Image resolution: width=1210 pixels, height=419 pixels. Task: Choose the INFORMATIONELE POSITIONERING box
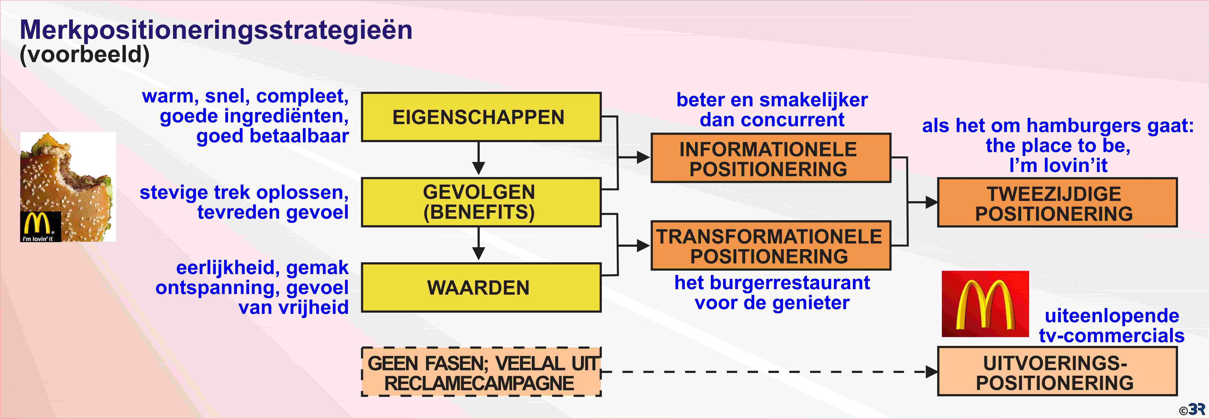pos(770,158)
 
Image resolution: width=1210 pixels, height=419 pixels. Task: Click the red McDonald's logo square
pos(985,304)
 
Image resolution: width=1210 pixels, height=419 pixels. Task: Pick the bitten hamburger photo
pos(68,187)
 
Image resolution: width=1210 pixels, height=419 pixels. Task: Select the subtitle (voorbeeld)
pos(84,55)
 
